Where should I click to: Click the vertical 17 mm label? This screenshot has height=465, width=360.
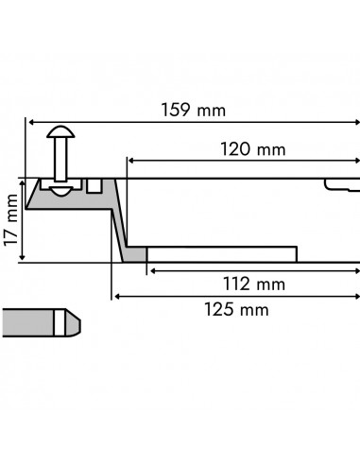(x=12, y=218)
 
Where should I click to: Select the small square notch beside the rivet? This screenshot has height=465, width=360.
(x=94, y=184)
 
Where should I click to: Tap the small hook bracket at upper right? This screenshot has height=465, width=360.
(x=338, y=183)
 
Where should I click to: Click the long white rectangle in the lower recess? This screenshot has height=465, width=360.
(x=222, y=254)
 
